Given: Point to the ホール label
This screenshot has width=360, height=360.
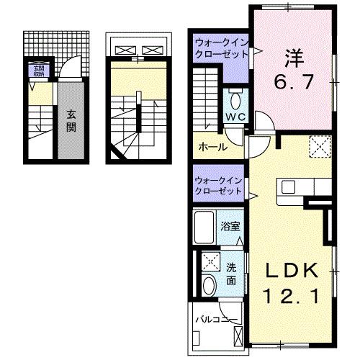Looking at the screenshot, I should (212, 147).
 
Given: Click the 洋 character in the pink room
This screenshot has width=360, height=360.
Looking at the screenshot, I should (291, 55).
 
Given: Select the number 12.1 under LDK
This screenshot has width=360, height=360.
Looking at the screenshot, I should (290, 294).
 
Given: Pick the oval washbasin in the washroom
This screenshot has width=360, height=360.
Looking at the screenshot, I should (210, 285).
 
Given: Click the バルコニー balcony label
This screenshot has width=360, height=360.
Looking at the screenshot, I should (215, 318).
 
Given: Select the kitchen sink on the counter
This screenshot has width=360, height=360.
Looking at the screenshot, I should (289, 188).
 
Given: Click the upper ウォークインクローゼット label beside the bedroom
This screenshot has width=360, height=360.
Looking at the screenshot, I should (220, 50).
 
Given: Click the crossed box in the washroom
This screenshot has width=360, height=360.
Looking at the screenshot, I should (210, 261).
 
